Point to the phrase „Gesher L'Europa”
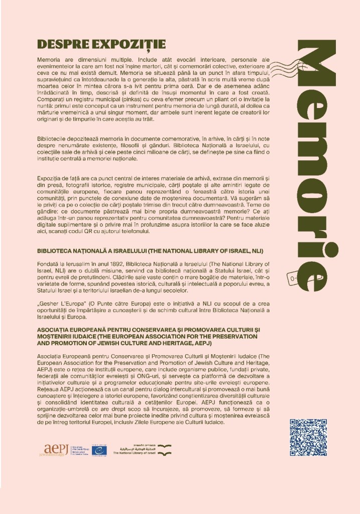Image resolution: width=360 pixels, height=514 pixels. tap(61, 305)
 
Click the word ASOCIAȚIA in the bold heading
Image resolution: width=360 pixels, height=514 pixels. tap(56, 330)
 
